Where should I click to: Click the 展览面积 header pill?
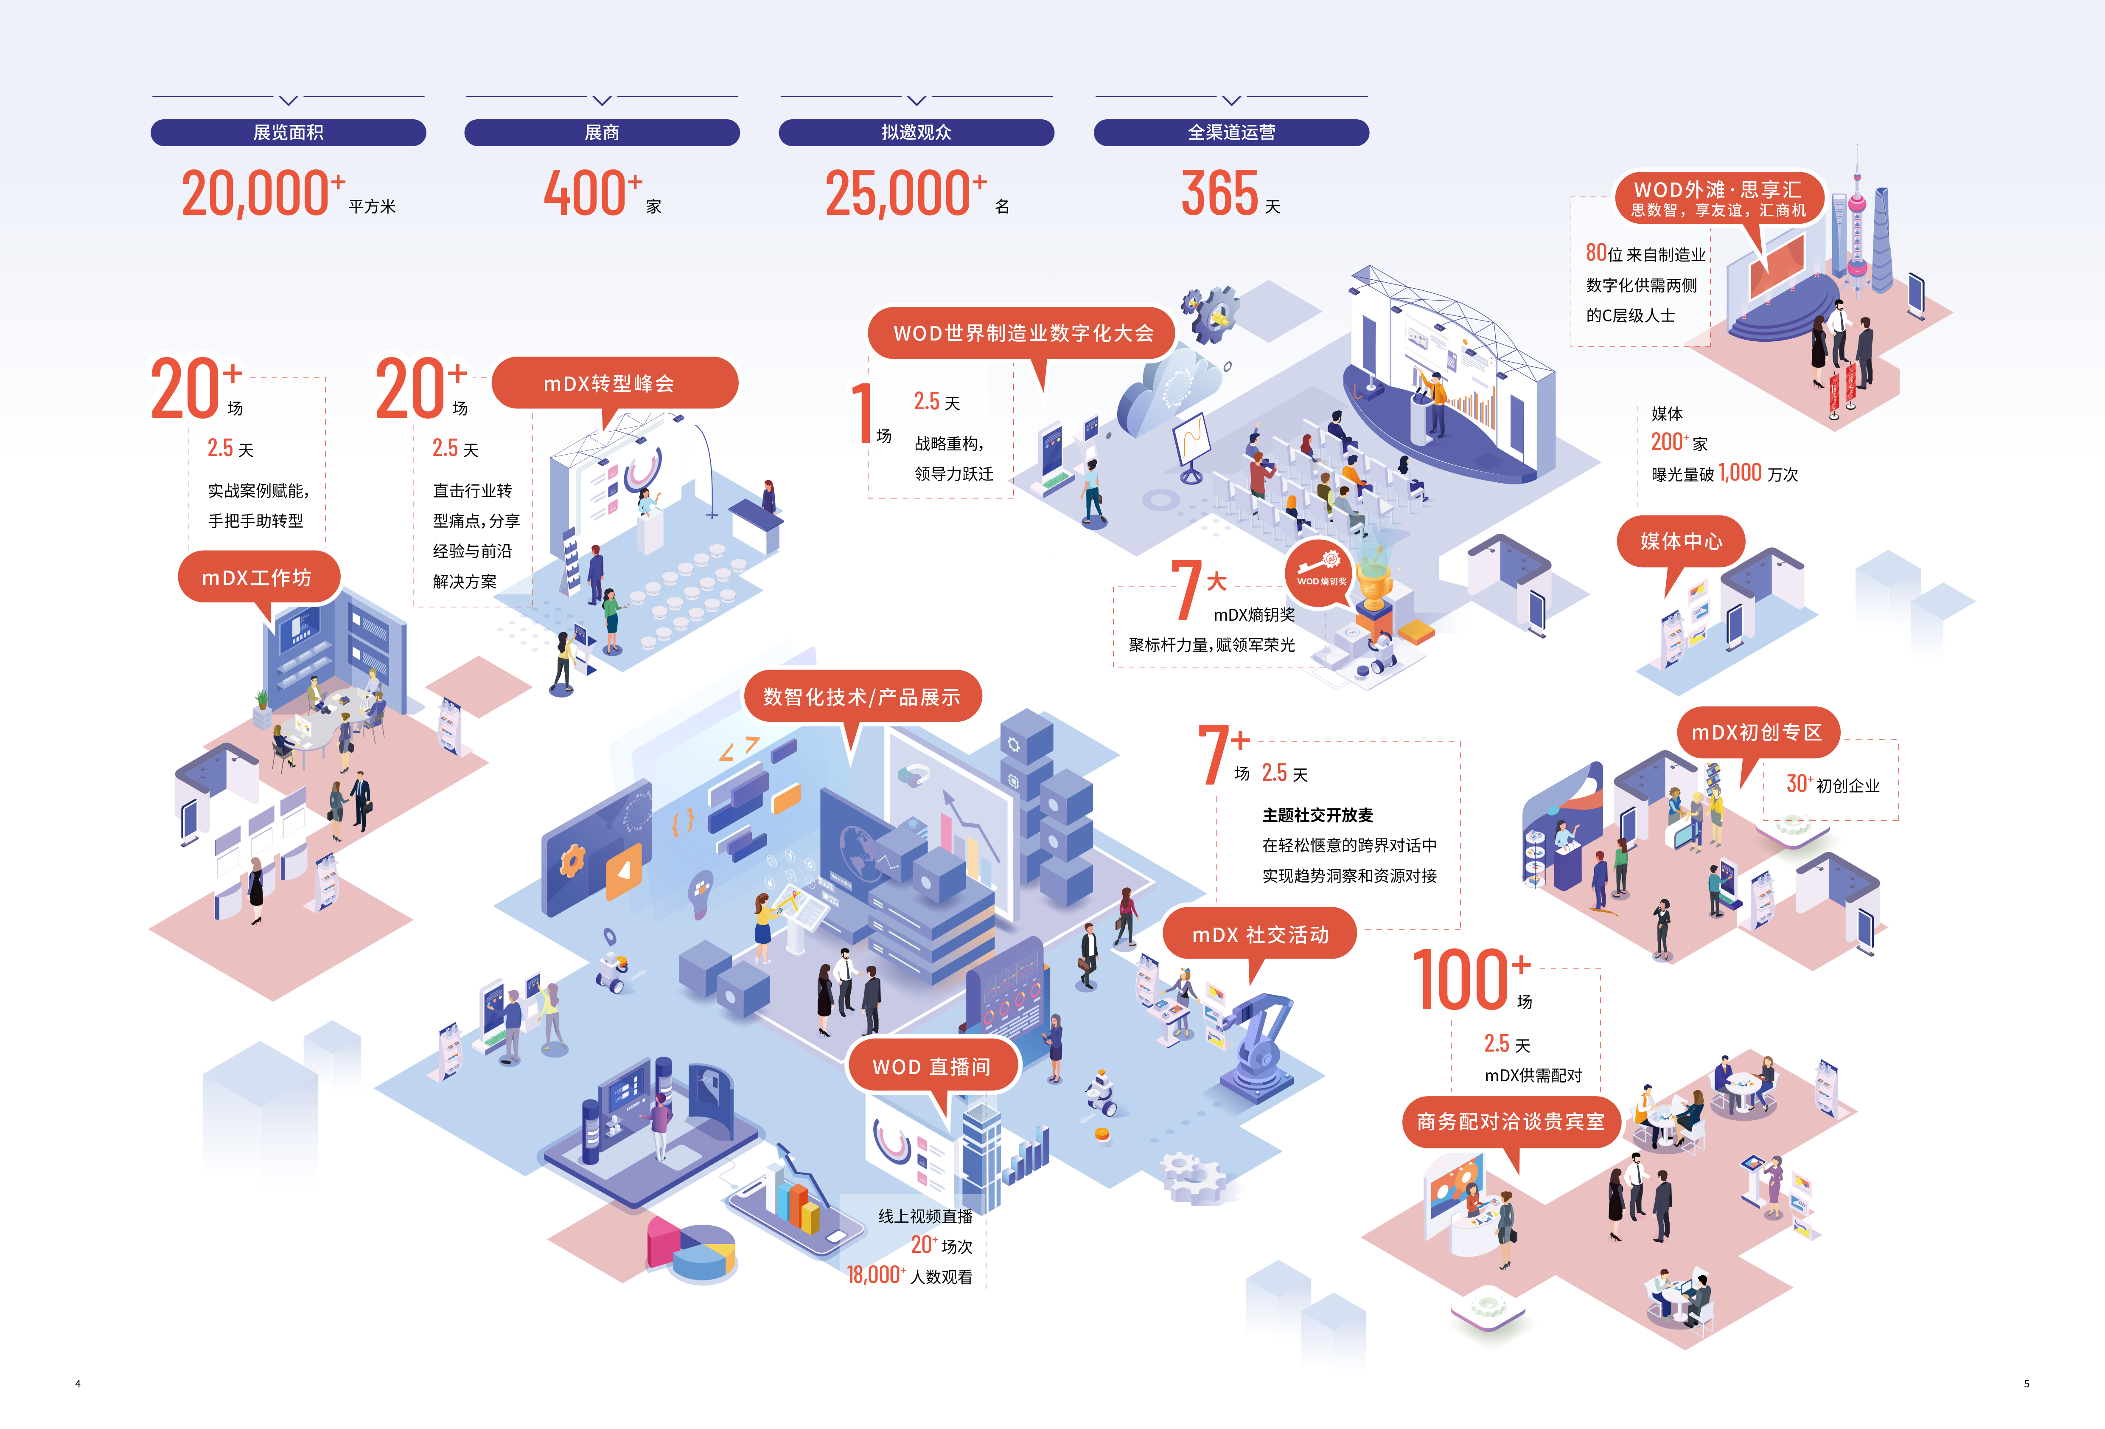[288, 132]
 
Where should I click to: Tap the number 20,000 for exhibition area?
[255, 194]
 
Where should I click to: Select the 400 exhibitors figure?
[584, 194]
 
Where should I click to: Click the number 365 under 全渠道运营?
[1219, 194]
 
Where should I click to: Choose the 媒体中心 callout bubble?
[1680, 541]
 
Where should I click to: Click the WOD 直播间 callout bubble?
[931, 1066]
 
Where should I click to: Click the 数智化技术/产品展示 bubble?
[860, 697]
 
